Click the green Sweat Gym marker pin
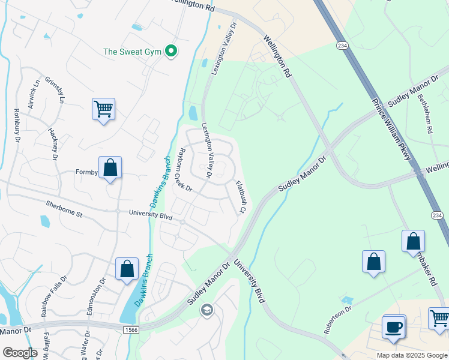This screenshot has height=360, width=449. pyautogui.click(x=171, y=52)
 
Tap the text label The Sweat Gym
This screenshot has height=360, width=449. pyautogui.click(x=133, y=52)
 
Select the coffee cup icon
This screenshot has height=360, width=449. pyautogui.click(x=394, y=328)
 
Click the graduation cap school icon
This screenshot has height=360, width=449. pyautogui.click(x=207, y=310)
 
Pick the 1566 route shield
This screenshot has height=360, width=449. pyautogui.click(x=131, y=330)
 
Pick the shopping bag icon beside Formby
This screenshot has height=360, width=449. pyautogui.click(x=110, y=168)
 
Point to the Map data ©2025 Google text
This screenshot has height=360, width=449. pyautogui.click(x=411, y=355)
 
